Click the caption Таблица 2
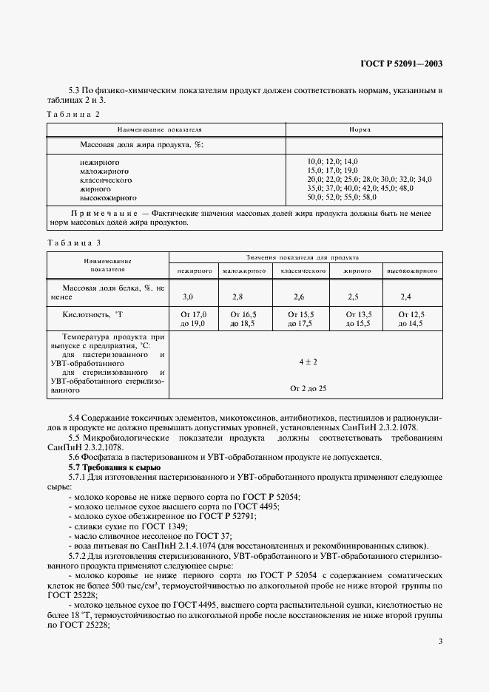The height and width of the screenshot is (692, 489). pyautogui.click(x=72, y=114)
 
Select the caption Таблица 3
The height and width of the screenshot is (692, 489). pyautogui.click(x=72, y=242)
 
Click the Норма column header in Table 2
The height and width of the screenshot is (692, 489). pyautogui.click(x=360, y=129)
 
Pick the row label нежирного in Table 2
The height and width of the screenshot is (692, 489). pyautogui.click(x=99, y=161)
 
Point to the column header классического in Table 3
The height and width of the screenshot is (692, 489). pyautogui.click(x=303, y=271)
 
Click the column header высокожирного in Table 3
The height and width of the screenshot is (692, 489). pyautogui.click(x=411, y=271)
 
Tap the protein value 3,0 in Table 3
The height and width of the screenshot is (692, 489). pyautogui.click(x=188, y=296)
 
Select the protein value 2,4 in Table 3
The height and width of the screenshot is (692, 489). pyautogui.click(x=405, y=296)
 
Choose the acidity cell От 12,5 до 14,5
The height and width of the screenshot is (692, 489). pyautogui.click(x=411, y=319)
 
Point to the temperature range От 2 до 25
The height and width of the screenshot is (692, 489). pyautogui.click(x=308, y=388)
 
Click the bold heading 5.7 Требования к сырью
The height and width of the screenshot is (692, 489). pyautogui.click(x=114, y=468)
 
